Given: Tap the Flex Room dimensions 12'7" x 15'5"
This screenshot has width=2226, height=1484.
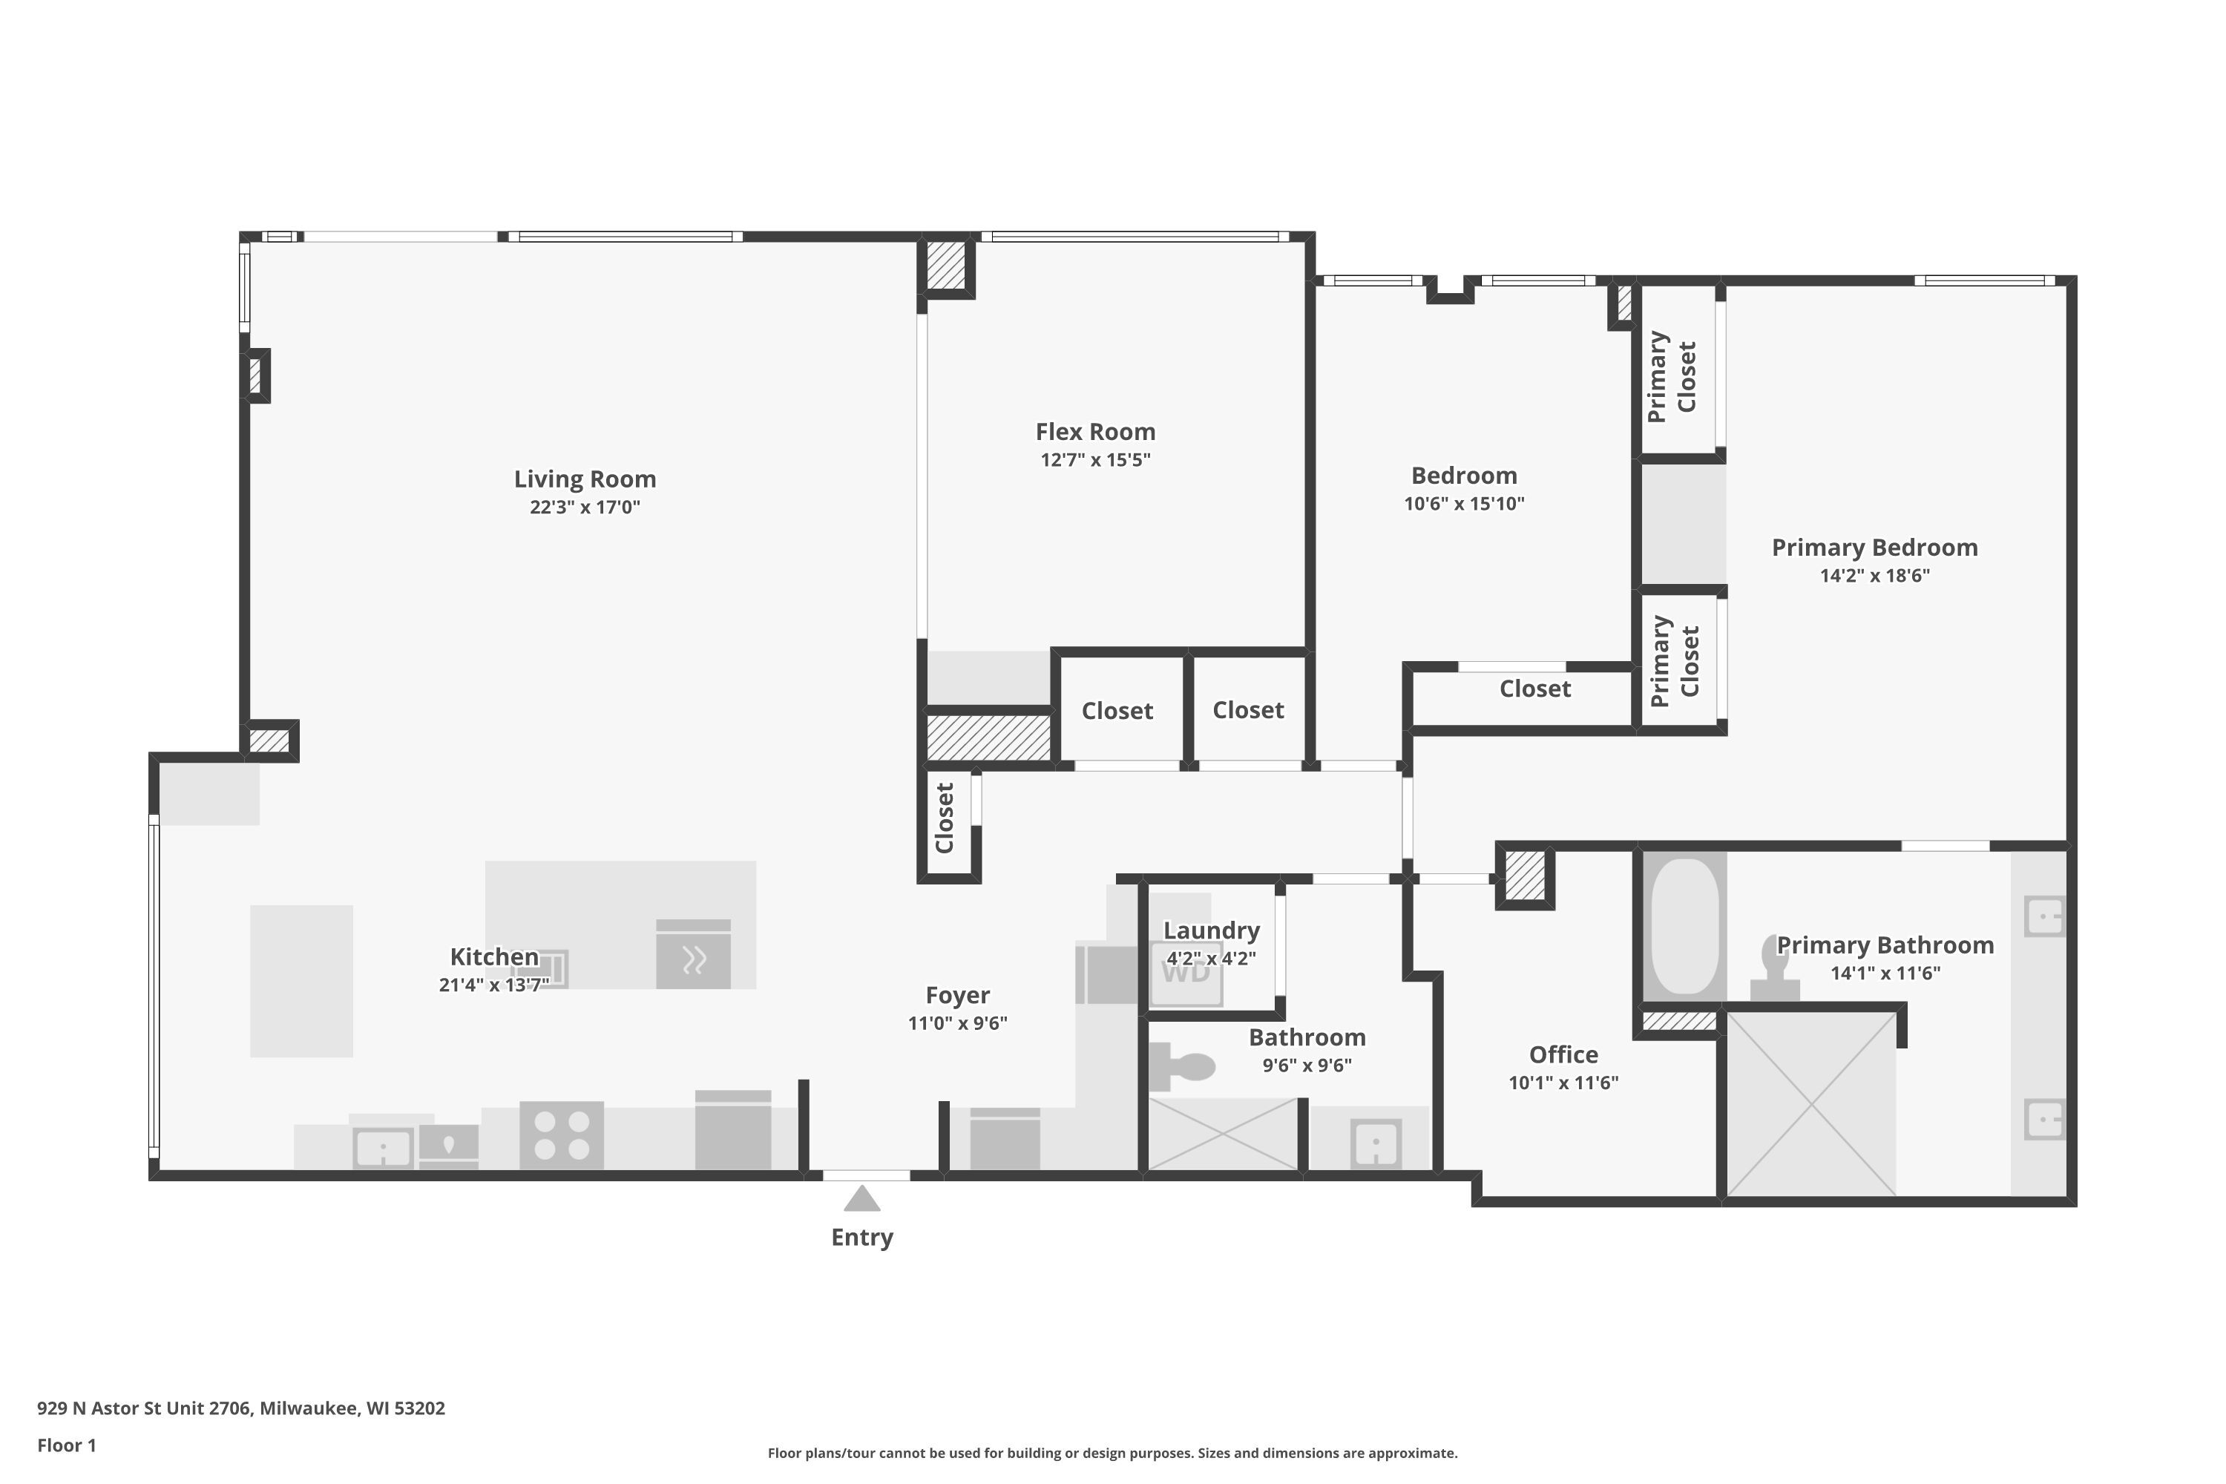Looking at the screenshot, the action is coord(1095,460).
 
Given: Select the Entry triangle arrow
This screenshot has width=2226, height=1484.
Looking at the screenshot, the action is coord(861,1198).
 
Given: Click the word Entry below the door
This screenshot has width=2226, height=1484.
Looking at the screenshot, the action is coord(861,1238).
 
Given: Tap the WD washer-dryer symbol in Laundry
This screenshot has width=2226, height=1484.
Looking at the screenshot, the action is coord(1185,971).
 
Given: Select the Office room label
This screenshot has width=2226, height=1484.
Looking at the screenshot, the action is coord(1563,1054).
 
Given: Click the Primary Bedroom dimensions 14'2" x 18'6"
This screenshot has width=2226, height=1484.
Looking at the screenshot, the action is coord(1874,576).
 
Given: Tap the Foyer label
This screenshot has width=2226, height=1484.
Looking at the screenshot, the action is coord(958,995).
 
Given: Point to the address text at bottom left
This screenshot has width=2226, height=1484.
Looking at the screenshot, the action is coord(240,1408).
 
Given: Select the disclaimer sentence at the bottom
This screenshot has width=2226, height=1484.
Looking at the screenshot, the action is coord(1112,1453).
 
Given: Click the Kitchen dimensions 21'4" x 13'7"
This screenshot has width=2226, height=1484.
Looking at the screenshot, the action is coord(493,985).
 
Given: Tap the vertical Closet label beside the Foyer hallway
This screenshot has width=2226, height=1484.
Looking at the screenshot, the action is coord(945,818).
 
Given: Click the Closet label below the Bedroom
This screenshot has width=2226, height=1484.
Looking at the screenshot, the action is coord(1535,689).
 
